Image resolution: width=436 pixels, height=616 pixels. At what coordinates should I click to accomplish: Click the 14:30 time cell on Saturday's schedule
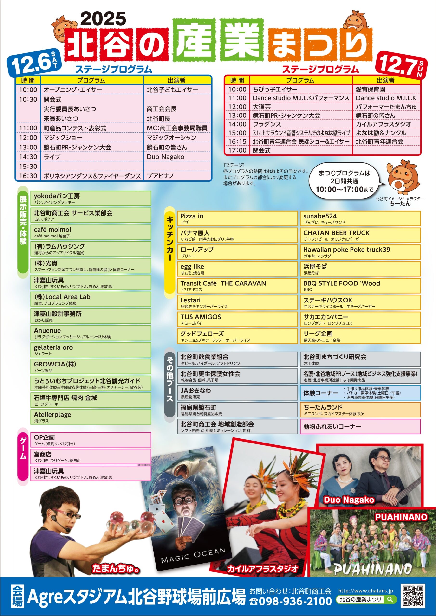pyautogui.click(x=28, y=157)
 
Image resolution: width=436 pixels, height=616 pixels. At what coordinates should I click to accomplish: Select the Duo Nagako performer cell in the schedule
pyautogui.click(x=165, y=157)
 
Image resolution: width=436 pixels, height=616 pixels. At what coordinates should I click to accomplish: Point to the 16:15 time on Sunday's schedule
pyautogui.click(x=237, y=142)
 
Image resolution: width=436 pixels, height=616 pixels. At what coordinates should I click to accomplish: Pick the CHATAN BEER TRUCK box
pyautogui.click(x=360, y=235)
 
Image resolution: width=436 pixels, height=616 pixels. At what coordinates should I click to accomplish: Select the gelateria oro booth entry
pyautogui.click(x=91, y=350)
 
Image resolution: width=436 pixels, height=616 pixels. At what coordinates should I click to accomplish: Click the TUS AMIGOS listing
pyautogui.click(x=237, y=319)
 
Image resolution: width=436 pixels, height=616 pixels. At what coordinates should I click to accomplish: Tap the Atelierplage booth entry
pyautogui.click(x=91, y=417)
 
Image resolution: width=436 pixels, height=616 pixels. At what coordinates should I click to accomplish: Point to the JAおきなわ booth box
pyautogui.click(x=237, y=393)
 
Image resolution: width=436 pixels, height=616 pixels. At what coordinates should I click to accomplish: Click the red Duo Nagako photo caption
pyautogui.click(x=349, y=500)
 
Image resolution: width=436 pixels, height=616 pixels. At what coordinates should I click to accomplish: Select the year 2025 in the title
pyautogui.click(x=103, y=19)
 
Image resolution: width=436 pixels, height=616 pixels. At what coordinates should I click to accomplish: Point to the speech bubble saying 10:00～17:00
pyautogui.click(x=345, y=181)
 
